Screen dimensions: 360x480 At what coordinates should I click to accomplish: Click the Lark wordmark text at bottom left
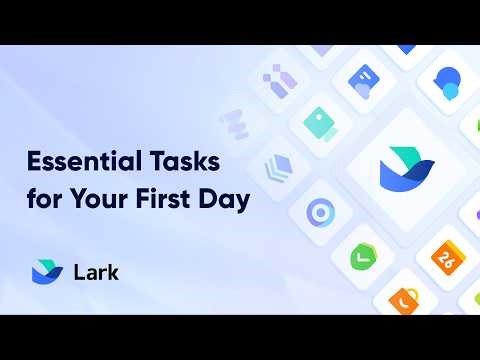pyautogui.click(x=96, y=272)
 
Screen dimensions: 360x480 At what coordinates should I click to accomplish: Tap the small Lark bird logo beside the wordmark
pyautogui.click(x=47, y=271)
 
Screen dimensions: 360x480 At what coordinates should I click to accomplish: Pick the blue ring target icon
pyautogui.click(x=319, y=212)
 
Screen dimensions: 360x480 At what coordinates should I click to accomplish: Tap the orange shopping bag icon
pyautogui.click(x=404, y=297)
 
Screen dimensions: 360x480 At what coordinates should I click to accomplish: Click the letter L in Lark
pyautogui.click(x=78, y=272)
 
